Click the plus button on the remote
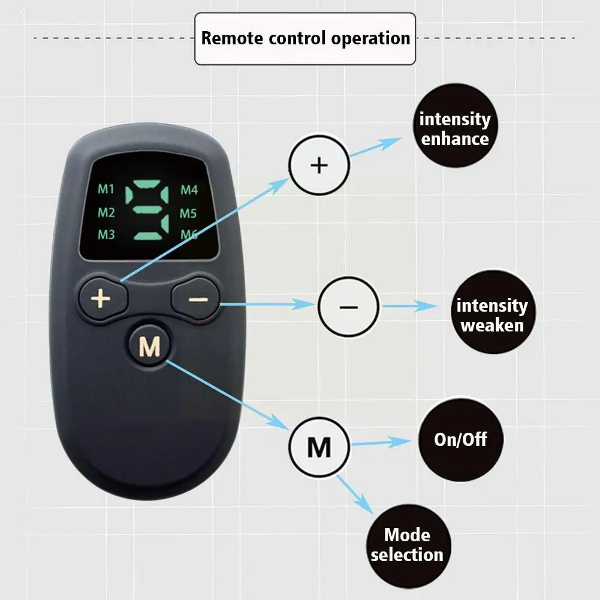102,297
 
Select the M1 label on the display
106,190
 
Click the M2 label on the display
106,212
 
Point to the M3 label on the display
106,234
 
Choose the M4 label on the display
189,191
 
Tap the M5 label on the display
189,213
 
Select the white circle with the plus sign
319,164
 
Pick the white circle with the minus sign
348,306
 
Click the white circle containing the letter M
319,447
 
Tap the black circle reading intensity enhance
454,129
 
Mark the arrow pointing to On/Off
381,442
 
